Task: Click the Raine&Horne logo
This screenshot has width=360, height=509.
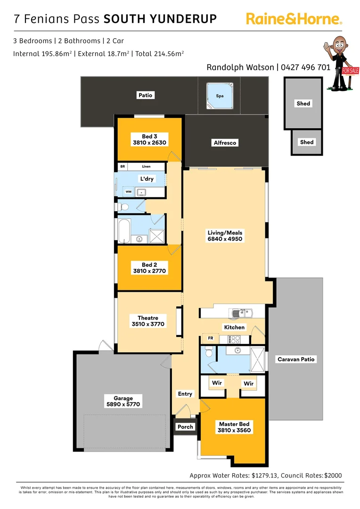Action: (x=294, y=19)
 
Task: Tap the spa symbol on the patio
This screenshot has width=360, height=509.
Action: (x=220, y=96)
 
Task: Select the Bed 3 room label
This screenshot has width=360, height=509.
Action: (x=149, y=137)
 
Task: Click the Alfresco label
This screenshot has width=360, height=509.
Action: (x=225, y=142)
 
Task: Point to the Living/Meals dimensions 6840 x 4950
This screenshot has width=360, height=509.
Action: (x=225, y=239)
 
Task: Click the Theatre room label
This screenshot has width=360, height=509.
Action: (x=148, y=318)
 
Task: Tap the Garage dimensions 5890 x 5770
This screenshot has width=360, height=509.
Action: (x=123, y=404)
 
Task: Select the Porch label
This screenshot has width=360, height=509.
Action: (x=185, y=427)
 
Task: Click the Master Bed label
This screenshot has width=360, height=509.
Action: (x=234, y=424)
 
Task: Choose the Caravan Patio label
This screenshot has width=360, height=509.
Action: (x=295, y=359)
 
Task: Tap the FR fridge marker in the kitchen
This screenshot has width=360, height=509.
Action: (x=210, y=338)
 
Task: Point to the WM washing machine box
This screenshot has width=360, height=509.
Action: (x=128, y=192)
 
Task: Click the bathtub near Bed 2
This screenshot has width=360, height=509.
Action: (x=124, y=231)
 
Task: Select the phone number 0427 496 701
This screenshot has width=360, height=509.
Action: (x=305, y=67)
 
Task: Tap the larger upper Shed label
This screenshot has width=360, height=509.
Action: (x=303, y=103)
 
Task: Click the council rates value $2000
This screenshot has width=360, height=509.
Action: (x=333, y=476)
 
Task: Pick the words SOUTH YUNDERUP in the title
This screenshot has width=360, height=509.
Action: (x=160, y=19)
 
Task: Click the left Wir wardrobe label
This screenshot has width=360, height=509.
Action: (x=217, y=383)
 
